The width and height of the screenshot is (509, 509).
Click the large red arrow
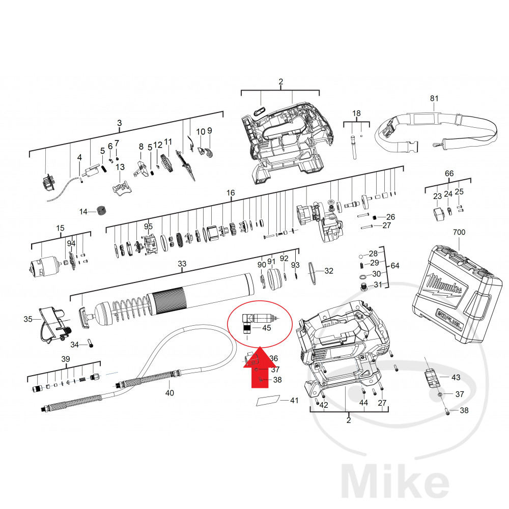tap(259, 369)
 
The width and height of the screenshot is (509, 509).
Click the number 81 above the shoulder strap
tap(434, 99)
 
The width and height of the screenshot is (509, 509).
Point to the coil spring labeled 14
tap(102, 210)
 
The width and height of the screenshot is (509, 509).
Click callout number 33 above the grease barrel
tap(182, 264)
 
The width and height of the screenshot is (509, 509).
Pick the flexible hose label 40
tap(169, 392)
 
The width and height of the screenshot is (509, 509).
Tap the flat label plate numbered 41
tap(269, 401)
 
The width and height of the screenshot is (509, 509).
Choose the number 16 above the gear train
tap(231, 193)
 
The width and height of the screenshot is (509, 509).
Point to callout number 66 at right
tap(449, 174)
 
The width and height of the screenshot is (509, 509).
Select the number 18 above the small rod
tap(356, 113)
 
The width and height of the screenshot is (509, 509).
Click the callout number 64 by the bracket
tap(395, 266)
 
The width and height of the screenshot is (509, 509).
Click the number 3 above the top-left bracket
tap(120, 123)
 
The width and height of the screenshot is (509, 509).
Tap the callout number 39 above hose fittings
tap(65, 359)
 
